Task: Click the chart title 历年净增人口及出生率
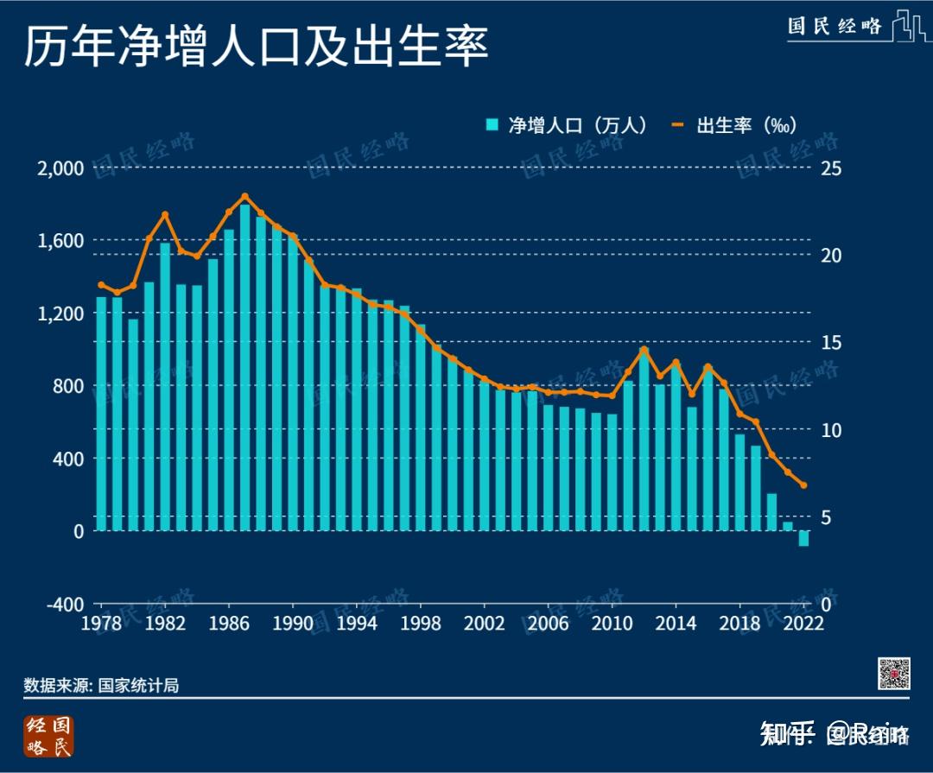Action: point(256,48)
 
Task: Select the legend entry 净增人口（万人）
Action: point(567,125)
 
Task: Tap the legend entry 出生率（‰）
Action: point(733,125)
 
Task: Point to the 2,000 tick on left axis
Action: point(60,168)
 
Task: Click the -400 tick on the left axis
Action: point(65,604)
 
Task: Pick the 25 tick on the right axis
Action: point(830,168)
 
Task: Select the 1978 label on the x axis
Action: point(103,624)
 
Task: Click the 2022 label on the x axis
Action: point(803,624)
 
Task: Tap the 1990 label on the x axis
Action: point(294,624)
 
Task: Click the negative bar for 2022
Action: point(803,538)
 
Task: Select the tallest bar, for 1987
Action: point(245,367)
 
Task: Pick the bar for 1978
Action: point(102,414)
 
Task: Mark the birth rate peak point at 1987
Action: point(244,197)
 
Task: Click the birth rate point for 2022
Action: point(803,485)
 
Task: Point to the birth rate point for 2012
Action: point(644,350)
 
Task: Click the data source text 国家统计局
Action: point(138,686)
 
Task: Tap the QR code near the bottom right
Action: point(894,673)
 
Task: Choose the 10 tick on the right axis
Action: point(830,429)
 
